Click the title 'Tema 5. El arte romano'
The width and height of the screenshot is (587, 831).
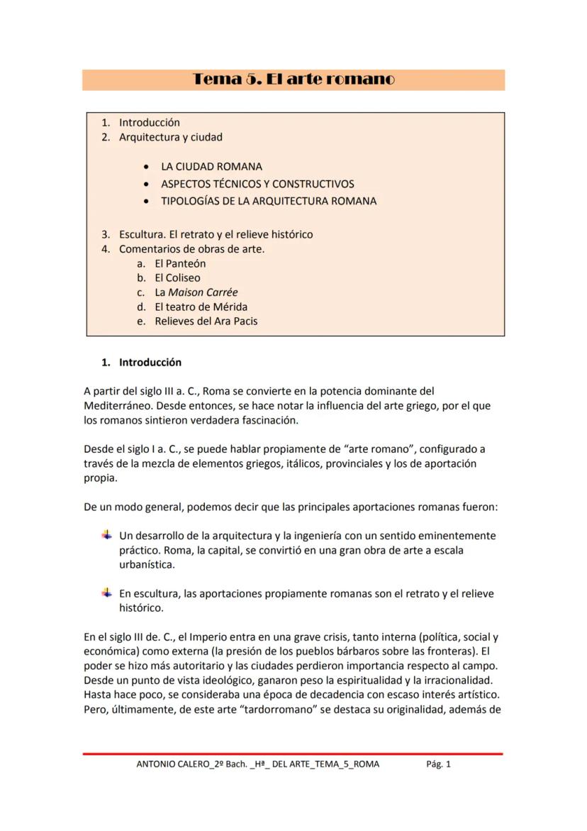coord(293,79)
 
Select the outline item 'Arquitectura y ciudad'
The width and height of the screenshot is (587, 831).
coord(170,137)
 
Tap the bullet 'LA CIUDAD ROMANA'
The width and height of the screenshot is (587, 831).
coord(211,167)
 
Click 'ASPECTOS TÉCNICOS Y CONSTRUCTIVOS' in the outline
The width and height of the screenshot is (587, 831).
coord(257,184)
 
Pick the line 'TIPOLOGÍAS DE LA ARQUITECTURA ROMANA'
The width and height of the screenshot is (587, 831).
coord(269,201)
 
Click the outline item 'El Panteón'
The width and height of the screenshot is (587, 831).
coord(180,263)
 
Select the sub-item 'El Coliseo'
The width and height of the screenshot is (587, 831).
coord(177,277)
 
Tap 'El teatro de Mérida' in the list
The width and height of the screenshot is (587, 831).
coord(201,307)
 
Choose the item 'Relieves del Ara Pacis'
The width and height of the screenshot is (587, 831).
coord(206,321)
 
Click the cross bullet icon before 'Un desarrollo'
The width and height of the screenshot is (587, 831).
coord(107,535)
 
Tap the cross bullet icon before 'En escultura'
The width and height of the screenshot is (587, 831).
coord(107,593)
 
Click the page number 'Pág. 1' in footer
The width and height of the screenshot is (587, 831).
coord(438,764)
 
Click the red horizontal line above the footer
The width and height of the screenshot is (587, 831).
coord(293,753)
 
